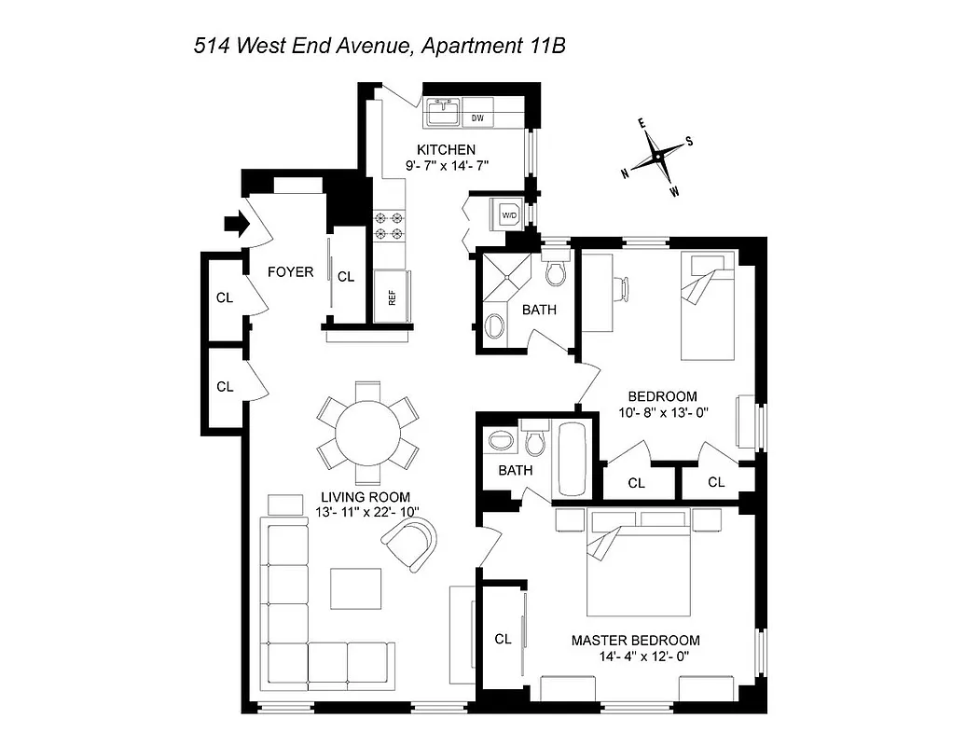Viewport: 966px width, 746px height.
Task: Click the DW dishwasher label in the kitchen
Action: pyautogui.click(x=477, y=118)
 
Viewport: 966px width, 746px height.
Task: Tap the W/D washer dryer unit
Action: pyautogui.click(x=509, y=214)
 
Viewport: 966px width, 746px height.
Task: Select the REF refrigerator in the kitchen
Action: pyautogui.click(x=393, y=297)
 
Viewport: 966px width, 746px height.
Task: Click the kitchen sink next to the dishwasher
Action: pyautogui.click(x=442, y=114)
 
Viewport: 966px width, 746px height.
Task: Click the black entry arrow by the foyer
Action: pyautogui.click(x=238, y=224)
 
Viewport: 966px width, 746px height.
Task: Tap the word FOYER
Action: pyautogui.click(x=290, y=272)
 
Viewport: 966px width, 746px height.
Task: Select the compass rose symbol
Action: pyautogui.click(x=658, y=156)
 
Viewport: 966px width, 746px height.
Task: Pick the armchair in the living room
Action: pyautogui.click(x=411, y=544)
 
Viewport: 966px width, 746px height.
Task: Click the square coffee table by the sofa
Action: pyautogui.click(x=355, y=588)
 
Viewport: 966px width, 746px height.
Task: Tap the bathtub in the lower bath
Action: pyautogui.click(x=570, y=458)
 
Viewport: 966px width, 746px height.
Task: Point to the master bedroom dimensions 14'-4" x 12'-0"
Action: pyautogui.click(x=648, y=657)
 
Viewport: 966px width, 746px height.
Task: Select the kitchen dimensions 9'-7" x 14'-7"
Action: pyautogui.click(x=447, y=165)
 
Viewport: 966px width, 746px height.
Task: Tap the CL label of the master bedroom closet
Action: pyautogui.click(x=503, y=639)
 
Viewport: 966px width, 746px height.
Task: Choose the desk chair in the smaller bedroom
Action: pyautogui.click(x=621, y=287)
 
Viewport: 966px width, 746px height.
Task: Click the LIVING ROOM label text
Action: pyautogui.click(x=365, y=497)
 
